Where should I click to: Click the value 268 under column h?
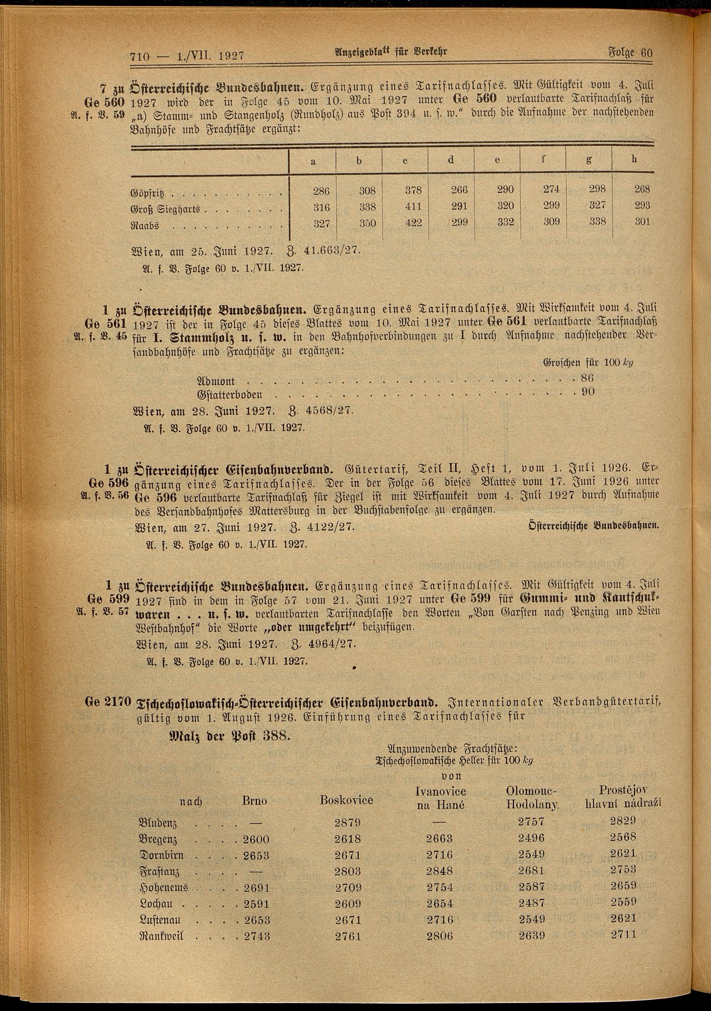point(642,189)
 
